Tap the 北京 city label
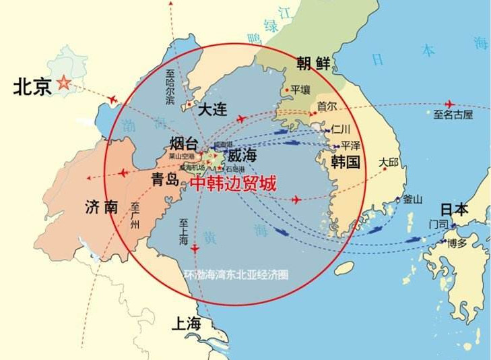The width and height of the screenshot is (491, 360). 32,87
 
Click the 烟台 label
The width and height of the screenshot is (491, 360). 184,143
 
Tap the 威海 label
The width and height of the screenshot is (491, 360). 242,156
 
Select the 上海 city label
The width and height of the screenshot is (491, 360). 186,323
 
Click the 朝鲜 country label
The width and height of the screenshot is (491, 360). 314,64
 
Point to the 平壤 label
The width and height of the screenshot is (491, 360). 300,89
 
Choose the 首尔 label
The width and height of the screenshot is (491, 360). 326,107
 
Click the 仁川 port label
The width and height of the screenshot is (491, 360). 342,129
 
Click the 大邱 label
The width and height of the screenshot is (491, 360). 389,162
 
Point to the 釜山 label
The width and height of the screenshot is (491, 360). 412,200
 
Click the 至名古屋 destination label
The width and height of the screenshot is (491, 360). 453,115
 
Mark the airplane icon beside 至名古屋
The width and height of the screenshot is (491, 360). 449,104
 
